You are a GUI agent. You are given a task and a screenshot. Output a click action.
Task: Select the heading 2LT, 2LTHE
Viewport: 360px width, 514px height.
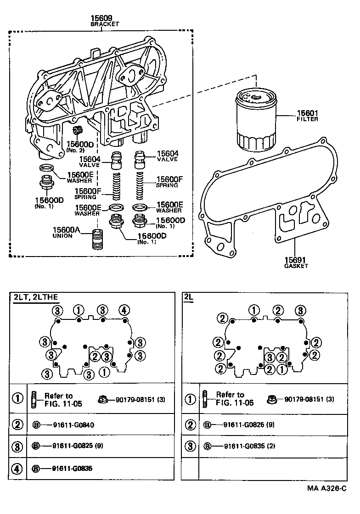[35, 297]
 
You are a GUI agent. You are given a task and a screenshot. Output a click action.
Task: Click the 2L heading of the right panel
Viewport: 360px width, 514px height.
[188, 297]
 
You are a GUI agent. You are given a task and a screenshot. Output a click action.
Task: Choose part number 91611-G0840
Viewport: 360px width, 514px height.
[70, 424]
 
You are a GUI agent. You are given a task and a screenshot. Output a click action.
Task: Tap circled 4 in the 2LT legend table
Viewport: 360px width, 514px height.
[17, 469]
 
